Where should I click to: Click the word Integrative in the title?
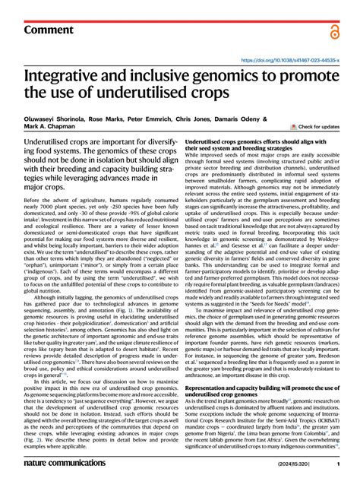point(65,76)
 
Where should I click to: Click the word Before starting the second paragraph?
point(34,200)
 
